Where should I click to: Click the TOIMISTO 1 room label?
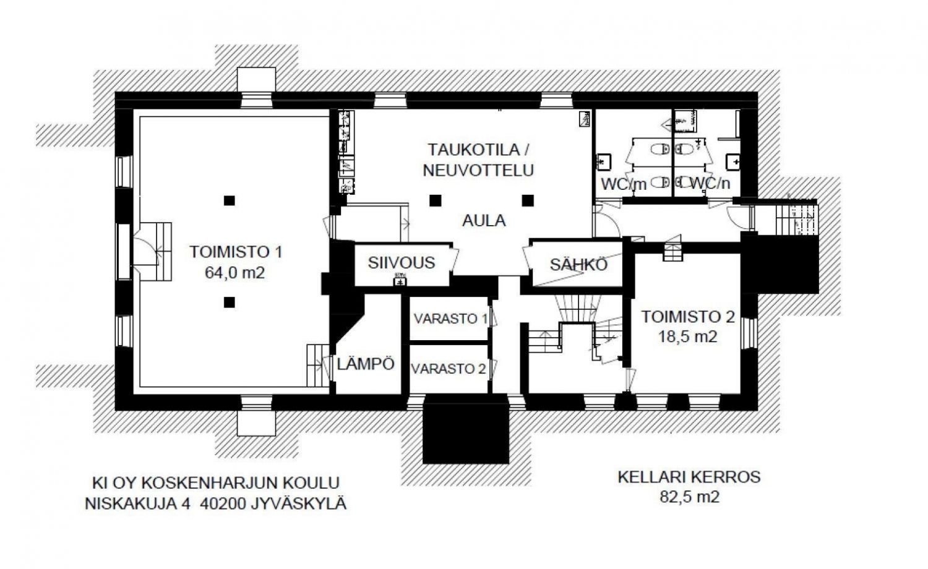click(x=236, y=252)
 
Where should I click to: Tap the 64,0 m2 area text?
click(x=235, y=273)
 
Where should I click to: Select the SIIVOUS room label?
click(x=402, y=263)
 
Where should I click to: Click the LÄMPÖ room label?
click(x=366, y=364)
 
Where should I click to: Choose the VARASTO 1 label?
click(x=451, y=319)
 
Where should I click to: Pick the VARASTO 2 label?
click(x=449, y=369)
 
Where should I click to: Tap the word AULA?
click(x=484, y=221)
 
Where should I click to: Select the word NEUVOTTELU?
click(x=478, y=170)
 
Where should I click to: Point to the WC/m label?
click(x=624, y=184)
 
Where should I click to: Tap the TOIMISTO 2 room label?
click(x=688, y=317)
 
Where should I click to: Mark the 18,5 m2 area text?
click(x=688, y=336)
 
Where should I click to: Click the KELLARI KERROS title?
click(x=689, y=477)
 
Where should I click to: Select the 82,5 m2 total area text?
click(x=689, y=497)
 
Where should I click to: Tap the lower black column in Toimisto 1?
click(x=229, y=302)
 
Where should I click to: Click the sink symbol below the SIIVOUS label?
click(x=400, y=281)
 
